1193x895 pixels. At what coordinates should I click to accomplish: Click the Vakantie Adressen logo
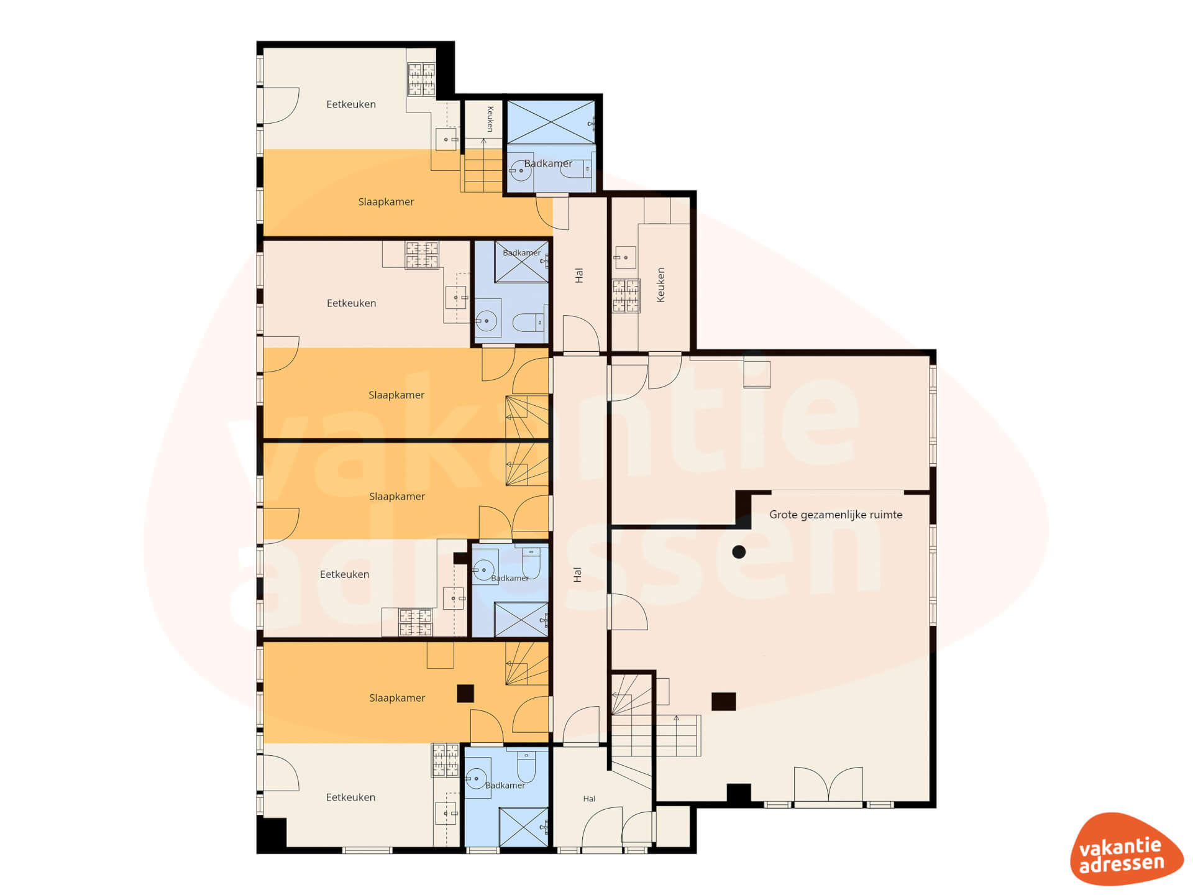[x=1126, y=849]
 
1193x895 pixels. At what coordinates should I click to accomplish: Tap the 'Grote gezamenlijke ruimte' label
[x=835, y=515]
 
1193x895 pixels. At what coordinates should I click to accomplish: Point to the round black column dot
[x=739, y=552]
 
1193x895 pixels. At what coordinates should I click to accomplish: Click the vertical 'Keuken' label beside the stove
[x=660, y=285]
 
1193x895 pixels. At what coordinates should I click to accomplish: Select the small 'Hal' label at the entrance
[x=589, y=799]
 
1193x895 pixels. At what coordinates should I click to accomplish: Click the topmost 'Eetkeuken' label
[x=351, y=104]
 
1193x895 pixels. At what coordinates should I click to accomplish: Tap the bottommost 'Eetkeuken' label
[x=350, y=797]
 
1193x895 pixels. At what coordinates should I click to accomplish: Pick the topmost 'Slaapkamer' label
[x=386, y=202]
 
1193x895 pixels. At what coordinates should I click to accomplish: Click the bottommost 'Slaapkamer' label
[x=397, y=698]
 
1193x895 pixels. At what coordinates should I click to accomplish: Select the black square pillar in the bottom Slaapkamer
[x=465, y=693]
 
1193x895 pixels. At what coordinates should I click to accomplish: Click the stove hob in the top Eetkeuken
[x=421, y=79]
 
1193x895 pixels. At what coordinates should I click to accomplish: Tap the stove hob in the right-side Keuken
[x=626, y=296]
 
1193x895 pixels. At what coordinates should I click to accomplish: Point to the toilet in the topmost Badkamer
[x=576, y=168]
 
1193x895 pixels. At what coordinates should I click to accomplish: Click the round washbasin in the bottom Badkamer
[x=477, y=778]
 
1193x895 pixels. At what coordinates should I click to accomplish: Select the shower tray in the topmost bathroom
[x=551, y=122]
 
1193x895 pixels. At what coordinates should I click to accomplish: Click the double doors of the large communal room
[x=828, y=785]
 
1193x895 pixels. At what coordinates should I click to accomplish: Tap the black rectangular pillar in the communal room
[x=723, y=702]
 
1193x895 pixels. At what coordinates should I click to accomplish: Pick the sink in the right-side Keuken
[x=625, y=257]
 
